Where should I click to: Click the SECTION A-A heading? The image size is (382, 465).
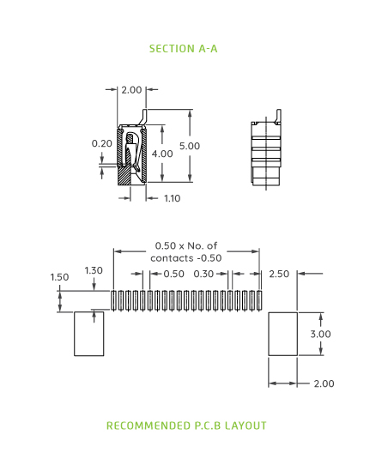point(183,49)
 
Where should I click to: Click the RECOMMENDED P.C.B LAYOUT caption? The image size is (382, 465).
point(186,426)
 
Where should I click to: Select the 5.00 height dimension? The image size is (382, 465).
point(189,146)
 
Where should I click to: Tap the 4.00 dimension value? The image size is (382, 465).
point(162,153)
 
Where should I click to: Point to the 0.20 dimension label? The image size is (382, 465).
point(102,143)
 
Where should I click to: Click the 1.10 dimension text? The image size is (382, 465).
point(172,198)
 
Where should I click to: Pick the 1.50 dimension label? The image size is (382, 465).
point(59,277)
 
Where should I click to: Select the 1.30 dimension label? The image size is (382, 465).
point(94,270)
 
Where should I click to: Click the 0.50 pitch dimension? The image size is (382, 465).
point(173,274)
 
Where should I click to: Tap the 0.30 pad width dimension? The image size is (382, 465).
point(203,274)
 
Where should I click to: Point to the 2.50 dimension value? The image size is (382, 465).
point(279,274)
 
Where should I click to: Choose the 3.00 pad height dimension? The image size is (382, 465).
point(320,334)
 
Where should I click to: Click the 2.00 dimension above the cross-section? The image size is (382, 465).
point(131,89)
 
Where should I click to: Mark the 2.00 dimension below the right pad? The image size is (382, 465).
point(324,383)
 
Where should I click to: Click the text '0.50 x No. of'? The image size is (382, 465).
point(186,245)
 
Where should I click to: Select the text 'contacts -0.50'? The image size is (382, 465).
point(186,257)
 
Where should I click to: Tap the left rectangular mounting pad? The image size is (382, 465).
point(88,334)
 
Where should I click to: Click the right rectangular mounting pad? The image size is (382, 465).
point(282,334)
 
